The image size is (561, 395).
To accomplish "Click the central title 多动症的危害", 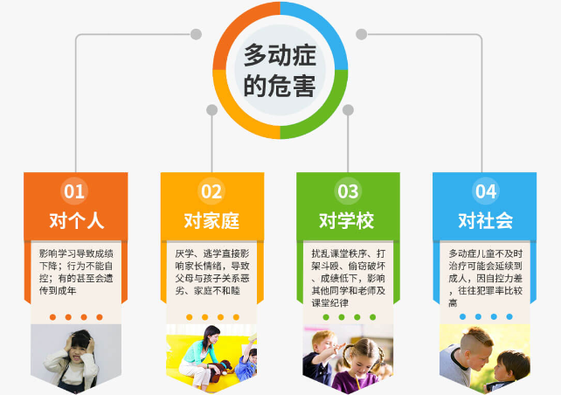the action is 280,70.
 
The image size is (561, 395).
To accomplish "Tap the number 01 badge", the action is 74,191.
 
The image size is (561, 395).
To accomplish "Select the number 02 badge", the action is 211,191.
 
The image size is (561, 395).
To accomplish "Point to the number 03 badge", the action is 348,191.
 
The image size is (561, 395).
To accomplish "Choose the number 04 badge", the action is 486,191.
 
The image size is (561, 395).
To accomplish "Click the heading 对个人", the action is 76,220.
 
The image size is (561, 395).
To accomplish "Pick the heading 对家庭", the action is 211,220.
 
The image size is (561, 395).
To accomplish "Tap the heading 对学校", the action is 347,220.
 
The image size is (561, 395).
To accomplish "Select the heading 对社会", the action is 486,220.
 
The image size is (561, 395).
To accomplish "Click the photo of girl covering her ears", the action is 76,358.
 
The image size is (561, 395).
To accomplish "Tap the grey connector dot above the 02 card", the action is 211,110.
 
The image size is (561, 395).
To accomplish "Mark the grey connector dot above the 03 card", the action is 348,110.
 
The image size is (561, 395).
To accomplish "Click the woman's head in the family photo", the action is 211,336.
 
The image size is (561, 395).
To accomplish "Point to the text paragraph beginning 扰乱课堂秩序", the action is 348,278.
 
